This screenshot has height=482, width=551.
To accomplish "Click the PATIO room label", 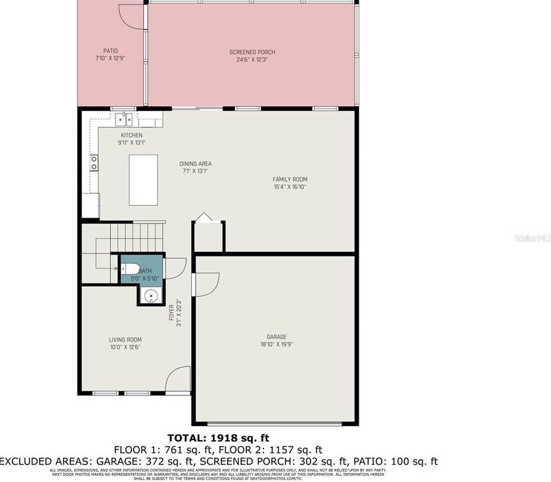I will tap(110, 50).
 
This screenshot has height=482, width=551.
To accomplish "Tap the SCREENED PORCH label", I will tap(252, 52).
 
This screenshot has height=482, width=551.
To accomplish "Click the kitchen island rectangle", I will tap(143, 180).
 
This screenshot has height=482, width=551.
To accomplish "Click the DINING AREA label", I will tap(196, 164).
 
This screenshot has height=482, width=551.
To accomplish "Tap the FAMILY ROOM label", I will tap(290, 179).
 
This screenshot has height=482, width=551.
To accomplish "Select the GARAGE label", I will tap(277, 336).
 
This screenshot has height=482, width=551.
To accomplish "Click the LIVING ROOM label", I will tap(125, 340).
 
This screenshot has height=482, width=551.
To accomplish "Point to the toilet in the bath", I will tap(129, 269).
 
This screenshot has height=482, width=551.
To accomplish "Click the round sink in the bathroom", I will tap(151, 296).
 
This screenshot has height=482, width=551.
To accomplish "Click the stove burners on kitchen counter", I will tap(94, 162).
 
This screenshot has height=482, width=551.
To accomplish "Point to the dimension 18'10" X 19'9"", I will tap(277, 344).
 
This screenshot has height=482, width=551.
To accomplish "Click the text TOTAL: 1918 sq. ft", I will tap(219, 437).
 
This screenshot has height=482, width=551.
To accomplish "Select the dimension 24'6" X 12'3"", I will tap(252, 59).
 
